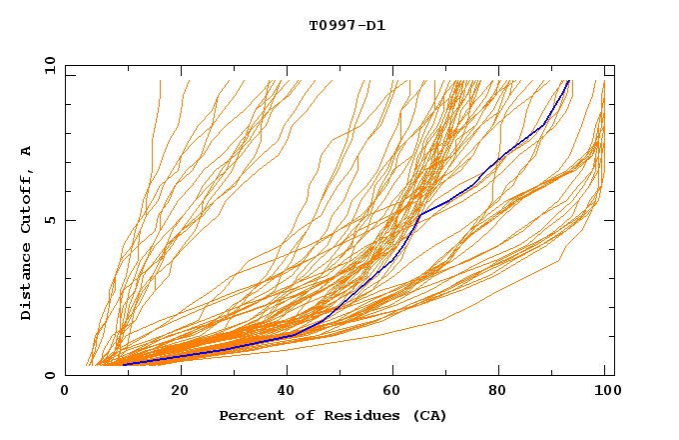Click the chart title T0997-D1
tap(346, 25)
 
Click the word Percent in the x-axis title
tap(249, 415)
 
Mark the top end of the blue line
tap(568, 81)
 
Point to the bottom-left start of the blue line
tap(123, 365)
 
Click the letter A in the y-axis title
tap(26, 151)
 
